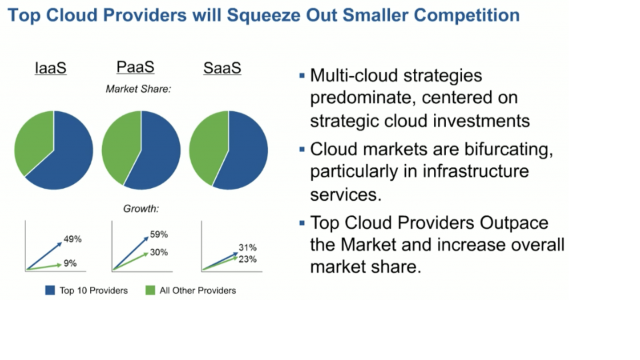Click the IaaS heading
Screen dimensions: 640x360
click(51, 68)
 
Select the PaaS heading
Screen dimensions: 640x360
click(135, 67)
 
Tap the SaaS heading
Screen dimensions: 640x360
click(222, 68)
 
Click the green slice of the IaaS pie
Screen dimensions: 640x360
click(32, 141)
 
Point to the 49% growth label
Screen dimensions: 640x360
click(73, 239)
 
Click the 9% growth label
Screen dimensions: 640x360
click(70, 263)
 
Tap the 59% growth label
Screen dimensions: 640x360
click(159, 234)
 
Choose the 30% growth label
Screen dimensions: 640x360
click(159, 252)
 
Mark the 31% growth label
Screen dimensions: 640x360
click(247, 247)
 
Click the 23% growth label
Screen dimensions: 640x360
click(247, 259)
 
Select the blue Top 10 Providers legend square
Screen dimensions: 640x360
click(50, 290)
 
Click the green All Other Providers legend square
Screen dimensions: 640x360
click(150, 290)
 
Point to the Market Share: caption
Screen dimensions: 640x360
click(139, 89)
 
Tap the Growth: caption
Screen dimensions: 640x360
click(141, 209)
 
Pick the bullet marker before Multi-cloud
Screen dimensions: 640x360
click(302, 75)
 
